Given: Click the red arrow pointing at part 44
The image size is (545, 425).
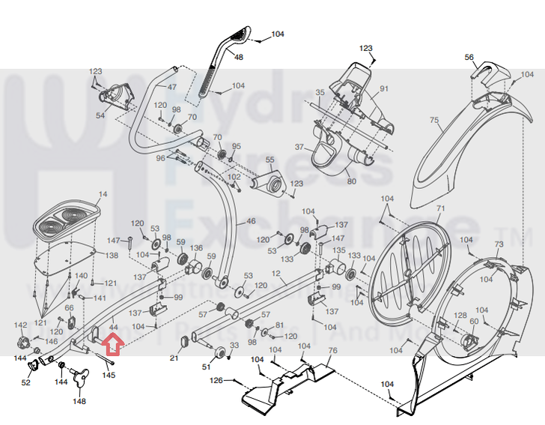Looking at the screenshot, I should pos(112,345).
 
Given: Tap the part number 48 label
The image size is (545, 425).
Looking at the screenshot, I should pos(239,57).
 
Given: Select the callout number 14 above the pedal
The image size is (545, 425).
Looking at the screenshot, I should pos(103,194).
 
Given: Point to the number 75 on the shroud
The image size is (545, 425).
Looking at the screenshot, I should pos(433,121).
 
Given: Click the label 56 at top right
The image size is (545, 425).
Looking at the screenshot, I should pos(469,57).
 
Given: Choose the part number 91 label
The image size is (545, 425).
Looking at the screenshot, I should pos(384,89).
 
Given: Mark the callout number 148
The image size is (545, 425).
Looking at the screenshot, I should pos(79,401).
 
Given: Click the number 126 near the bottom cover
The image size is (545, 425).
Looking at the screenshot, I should pos(216,381).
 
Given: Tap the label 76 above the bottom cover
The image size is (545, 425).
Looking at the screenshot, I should pos(332,351).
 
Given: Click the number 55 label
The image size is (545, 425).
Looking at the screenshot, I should pos(270,160).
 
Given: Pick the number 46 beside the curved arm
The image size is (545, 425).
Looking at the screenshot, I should pos(251,222).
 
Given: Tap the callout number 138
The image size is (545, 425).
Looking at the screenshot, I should pos(112,256).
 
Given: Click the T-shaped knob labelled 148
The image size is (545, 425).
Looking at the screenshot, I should pos(79,379).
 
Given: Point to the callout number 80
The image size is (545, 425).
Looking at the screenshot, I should pos(351,180).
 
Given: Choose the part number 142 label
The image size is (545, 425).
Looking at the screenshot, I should pos(21,325).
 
